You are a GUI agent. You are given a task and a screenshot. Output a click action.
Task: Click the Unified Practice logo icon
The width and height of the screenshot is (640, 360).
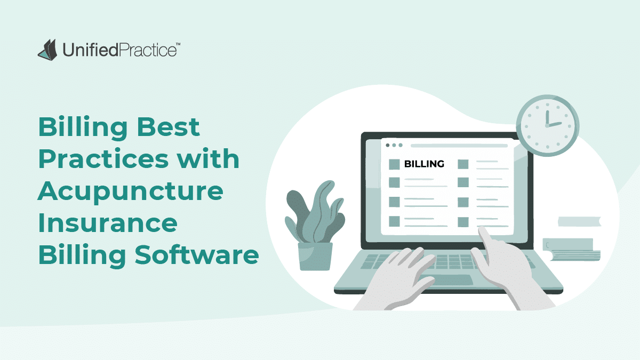47,49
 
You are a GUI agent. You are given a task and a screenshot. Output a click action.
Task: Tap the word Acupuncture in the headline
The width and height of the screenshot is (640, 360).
130,191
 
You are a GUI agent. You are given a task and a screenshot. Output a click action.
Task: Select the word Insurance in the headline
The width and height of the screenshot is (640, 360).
107,222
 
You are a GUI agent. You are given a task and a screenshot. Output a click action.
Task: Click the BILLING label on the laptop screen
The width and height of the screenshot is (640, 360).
424,164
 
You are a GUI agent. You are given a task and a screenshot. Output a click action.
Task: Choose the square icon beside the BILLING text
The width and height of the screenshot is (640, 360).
394,164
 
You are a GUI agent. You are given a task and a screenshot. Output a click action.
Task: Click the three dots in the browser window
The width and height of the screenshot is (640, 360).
394,145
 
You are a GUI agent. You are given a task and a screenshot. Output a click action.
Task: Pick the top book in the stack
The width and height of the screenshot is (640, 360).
579,221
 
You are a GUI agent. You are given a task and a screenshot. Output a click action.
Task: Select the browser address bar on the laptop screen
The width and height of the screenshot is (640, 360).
459,145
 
